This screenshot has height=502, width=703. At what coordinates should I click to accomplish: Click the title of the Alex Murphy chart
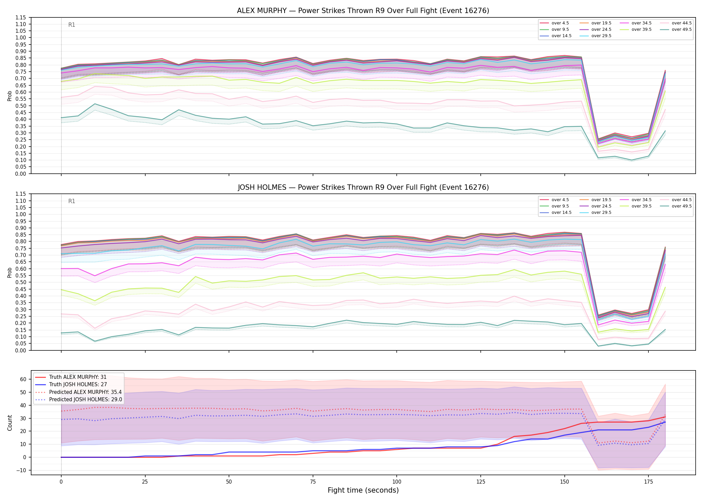[363, 11]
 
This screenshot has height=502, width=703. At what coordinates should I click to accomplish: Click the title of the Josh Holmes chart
[363, 187]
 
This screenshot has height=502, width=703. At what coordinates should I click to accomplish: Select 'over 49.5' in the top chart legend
[682, 29]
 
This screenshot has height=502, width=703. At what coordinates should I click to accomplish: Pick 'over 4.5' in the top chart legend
[560, 23]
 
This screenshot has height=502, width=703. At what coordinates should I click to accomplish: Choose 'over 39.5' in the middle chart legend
[641, 206]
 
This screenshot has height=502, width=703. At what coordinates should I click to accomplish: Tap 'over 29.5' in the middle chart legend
[601, 213]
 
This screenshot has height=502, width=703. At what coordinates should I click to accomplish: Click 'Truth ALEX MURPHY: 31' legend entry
[78, 377]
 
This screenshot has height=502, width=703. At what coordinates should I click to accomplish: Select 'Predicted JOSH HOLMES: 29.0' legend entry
[85, 399]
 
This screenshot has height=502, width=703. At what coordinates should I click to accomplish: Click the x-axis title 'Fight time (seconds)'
[363, 490]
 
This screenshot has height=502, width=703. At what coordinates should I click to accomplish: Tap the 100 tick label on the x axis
[396, 482]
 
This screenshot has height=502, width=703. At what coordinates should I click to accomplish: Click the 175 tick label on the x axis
[648, 482]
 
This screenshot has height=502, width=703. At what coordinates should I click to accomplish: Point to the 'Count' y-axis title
[10, 423]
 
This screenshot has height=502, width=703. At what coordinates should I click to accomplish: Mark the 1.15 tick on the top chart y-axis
[21, 17]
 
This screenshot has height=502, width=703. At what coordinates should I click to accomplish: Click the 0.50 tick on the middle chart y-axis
[21, 282]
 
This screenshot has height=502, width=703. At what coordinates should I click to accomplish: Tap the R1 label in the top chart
[72, 25]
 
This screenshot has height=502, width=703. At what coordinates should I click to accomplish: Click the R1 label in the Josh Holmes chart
[72, 201]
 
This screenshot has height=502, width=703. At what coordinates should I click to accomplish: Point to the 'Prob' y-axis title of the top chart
[10, 96]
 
